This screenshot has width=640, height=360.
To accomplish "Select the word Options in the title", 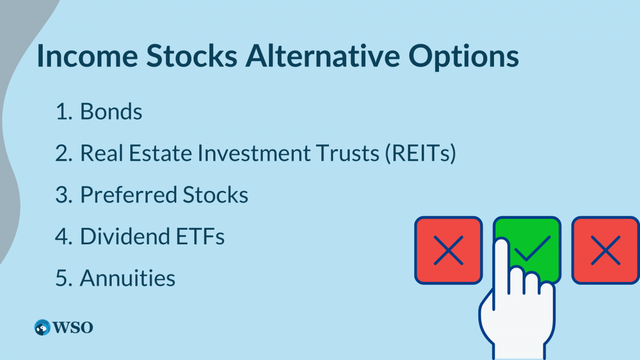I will (464, 57).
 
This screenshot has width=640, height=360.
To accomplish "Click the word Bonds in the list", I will (111, 112).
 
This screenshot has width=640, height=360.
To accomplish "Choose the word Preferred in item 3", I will (129, 195).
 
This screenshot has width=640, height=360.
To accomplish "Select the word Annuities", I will (127, 278).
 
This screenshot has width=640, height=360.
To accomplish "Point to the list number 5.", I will (61, 278).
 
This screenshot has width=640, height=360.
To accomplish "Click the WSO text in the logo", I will (74, 327).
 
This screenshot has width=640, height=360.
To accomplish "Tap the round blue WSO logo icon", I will (42, 327).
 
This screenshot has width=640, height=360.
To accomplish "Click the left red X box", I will (448, 250).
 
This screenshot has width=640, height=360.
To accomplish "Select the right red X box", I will (605, 250).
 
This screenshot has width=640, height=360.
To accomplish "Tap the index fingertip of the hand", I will (501, 247).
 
